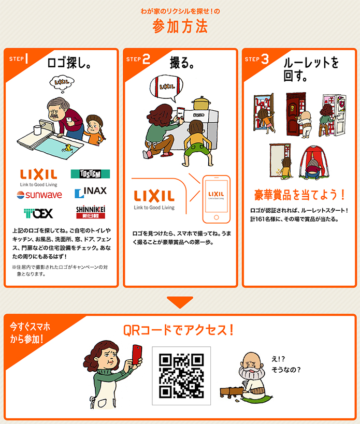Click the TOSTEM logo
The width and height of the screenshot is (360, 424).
90,174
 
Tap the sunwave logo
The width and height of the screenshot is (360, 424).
39,195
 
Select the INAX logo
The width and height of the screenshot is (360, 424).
91,192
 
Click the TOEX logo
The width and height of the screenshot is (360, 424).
38,213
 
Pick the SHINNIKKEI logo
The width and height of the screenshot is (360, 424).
91,212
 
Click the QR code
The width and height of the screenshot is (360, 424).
181,376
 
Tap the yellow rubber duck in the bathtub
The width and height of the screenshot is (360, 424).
68,148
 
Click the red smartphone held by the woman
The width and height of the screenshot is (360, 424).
137,355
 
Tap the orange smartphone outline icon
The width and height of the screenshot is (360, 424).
217,199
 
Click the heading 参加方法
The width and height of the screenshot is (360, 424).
180,26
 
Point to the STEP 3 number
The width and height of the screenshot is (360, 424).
265,59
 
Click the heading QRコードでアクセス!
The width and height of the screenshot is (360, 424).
179,330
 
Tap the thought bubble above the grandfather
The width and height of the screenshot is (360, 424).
62,82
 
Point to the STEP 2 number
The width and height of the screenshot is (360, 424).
146,59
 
